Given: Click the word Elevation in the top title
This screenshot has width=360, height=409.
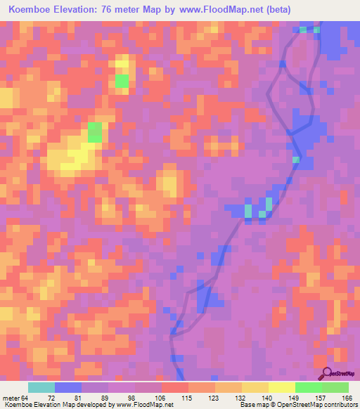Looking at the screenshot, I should [84, 9].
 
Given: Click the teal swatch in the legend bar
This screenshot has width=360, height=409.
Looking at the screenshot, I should [41, 387].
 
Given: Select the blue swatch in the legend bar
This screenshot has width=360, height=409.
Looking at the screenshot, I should [68, 387].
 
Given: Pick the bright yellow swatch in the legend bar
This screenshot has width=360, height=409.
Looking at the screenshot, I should [282, 387].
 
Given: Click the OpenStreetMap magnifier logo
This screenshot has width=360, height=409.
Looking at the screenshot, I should [326, 374].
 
